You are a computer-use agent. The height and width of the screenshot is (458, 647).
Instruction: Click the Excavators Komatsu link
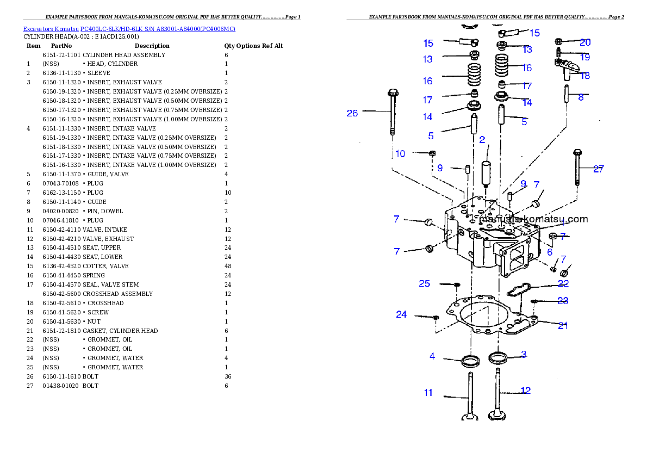(x=51, y=29)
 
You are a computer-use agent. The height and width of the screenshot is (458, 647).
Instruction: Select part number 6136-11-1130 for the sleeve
(x=61, y=73)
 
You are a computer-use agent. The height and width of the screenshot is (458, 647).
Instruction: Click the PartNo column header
(x=61, y=46)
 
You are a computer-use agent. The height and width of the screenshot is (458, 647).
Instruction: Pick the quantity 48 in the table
(x=228, y=267)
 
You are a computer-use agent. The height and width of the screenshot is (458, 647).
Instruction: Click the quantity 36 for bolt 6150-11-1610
(x=228, y=376)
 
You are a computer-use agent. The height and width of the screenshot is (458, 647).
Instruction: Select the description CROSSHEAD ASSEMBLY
(x=117, y=294)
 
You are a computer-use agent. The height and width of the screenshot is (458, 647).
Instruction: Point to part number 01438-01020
(x=61, y=386)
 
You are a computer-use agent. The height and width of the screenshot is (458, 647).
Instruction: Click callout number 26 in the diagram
(x=352, y=113)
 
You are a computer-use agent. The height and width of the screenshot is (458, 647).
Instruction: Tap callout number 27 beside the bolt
(x=598, y=169)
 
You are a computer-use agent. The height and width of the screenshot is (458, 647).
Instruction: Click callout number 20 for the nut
(x=585, y=42)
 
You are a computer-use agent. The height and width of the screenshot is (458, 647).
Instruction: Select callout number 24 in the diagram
(x=401, y=314)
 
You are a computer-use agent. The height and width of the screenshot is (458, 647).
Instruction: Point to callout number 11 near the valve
(x=428, y=393)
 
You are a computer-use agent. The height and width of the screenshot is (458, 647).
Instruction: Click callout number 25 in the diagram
(x=424, y=284)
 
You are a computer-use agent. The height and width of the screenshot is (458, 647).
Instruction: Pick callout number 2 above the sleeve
(x=482, y=140)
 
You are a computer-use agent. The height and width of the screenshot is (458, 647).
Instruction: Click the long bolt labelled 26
(x=393, y=112)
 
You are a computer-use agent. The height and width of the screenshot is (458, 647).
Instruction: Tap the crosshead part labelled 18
(x=565, y=69)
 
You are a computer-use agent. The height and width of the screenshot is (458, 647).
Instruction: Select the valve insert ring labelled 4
(x=470, y=361)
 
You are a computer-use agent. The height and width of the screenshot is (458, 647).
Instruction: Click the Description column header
(x=152, y=46)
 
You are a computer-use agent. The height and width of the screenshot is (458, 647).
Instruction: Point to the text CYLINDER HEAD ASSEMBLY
(x=124, y=55)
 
